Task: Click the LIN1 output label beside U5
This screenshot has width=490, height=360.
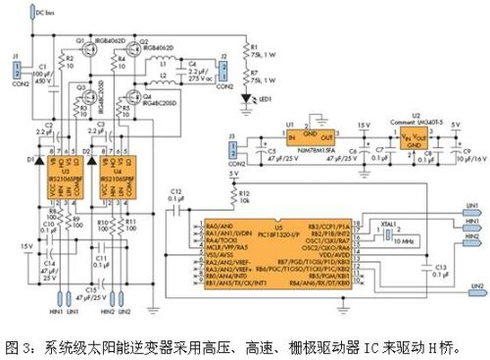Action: pyautogui.click(x=472, y=206)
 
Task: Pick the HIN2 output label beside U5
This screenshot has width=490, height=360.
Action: pyautogui.click(x=472, y=237)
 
